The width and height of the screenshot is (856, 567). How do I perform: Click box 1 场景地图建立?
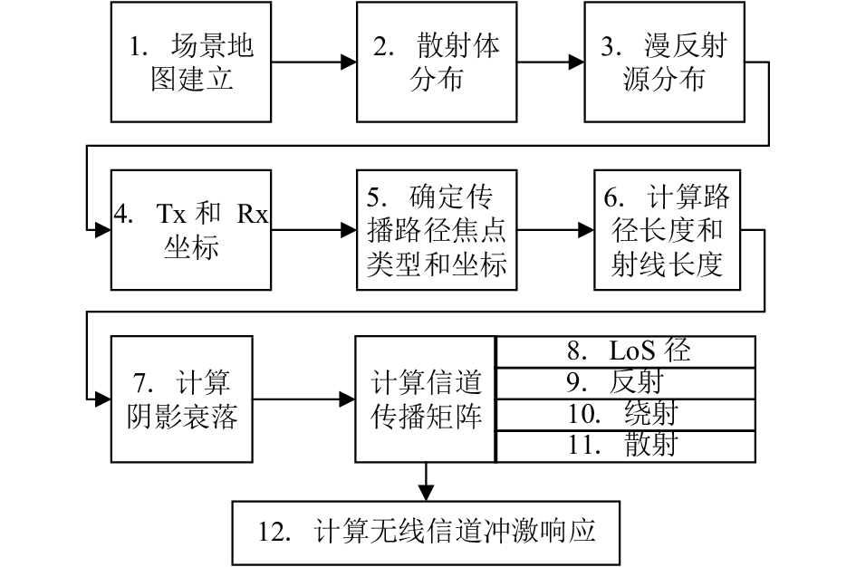(191, 62)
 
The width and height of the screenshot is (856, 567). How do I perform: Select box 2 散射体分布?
(437, 62)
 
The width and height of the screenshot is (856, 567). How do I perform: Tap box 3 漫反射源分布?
(664, 62)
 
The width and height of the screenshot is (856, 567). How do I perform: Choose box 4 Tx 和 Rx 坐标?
(191, 230)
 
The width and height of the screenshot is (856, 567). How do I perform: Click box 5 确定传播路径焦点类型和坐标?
(437, 230)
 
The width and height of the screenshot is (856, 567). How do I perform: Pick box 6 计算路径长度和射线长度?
(667, 230)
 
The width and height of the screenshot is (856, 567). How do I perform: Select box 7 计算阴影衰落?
(182, 399)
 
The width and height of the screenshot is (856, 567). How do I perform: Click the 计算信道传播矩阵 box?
(425, 399)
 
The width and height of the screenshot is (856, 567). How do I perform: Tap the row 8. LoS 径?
(626, 351)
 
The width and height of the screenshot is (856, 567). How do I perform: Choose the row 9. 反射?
(626, 383)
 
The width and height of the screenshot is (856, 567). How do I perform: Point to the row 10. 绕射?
(626, 415)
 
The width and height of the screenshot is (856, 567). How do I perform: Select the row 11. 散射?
(626, 447)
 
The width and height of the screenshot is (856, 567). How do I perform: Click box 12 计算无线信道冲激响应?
(426, 533)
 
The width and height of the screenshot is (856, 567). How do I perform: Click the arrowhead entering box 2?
(349, 62)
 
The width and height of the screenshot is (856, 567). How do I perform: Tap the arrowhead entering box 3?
(576, 62)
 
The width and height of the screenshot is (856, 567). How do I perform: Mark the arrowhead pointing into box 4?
(103, 230)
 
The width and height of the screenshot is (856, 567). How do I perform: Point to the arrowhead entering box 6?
(586, 230)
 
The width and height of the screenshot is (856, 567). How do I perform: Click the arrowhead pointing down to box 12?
(426, 493)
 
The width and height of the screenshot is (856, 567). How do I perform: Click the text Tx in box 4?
(171, 214)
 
